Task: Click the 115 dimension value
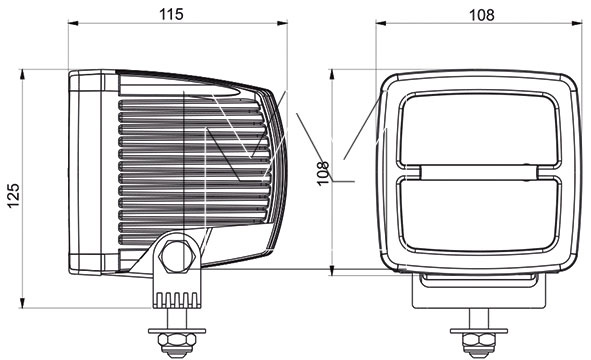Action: tap(171, 14)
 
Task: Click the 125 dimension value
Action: tap(14, 195)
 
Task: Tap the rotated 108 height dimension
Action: tap(323, 173)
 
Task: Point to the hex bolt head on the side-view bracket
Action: tap(177, 256)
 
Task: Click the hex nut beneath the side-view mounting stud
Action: tap(177, 341)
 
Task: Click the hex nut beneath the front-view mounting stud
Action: tap(479, 341)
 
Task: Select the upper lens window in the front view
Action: tap(479, 129)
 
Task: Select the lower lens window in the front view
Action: tap(479, 214)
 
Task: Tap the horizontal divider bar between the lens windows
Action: tap(479, 172)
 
